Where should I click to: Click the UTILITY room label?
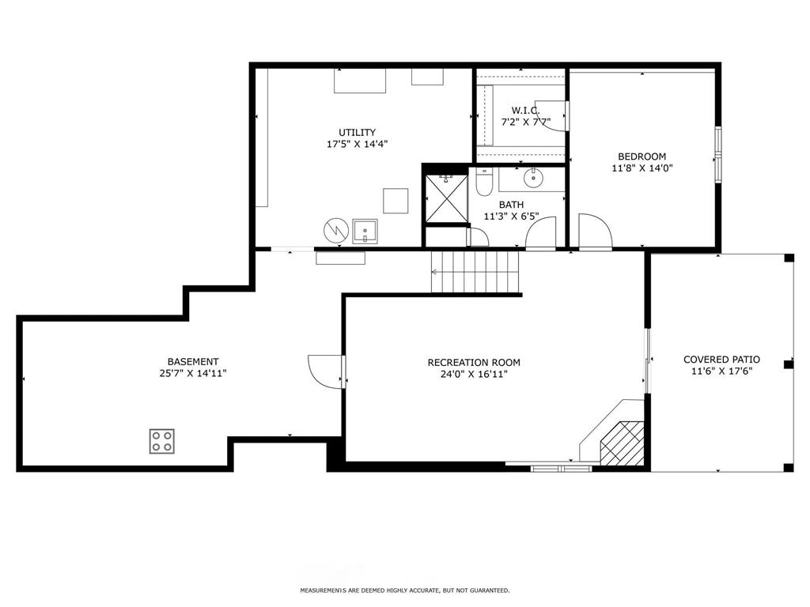tap(357, 133)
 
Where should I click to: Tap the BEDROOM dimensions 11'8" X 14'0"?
tap(642, 168)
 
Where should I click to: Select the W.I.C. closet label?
tap(525, 111)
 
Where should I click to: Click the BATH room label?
tap(511, 205)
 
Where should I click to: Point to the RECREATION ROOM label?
tap(474, 363)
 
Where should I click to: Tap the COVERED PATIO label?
tap(721, 360)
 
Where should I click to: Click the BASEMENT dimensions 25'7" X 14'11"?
tap(193, 373)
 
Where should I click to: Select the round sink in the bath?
tap(533, 179)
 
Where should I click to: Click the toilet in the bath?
tap(484, 183)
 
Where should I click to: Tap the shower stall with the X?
tap(446, 198)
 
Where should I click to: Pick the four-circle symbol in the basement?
tap(161, 441)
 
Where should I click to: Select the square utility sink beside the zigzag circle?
tap(365, 231)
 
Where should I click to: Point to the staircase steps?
tap(475, 272)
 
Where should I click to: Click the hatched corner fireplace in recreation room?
tap(622, 443)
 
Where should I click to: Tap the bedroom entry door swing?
tap(595, 232)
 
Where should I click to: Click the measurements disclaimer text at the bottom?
tap(405, 590)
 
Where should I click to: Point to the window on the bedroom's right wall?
tap(718, 154)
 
